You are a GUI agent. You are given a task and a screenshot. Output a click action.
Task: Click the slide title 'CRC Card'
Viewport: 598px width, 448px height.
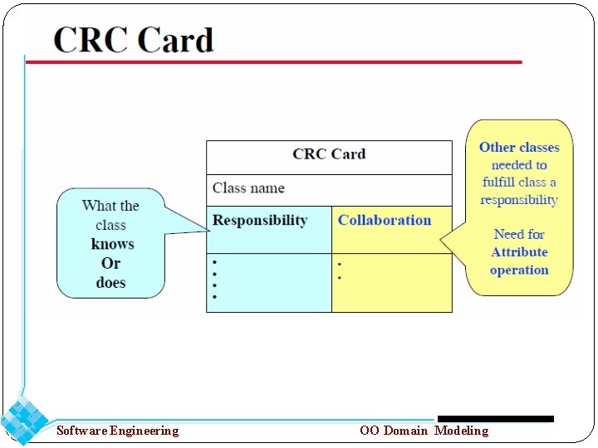[x=134, y=40]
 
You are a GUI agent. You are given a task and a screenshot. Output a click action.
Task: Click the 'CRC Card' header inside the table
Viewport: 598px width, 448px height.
[x=329, y=154]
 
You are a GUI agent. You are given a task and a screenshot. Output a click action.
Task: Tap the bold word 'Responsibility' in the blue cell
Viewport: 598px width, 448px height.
[x=260, y=221]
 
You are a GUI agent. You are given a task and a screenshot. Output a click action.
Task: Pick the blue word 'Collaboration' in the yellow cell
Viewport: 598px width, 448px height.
[x=385, y=221]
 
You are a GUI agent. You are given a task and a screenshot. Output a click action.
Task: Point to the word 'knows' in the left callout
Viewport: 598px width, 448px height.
[x=112, y=244]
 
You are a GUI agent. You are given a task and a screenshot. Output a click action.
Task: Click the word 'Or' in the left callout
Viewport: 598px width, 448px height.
[x=111, y=263]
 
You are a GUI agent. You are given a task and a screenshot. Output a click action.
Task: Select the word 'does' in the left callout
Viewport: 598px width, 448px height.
[x=110, y=283]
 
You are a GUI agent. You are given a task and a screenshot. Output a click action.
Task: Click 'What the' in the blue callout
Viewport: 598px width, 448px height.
[x=110, y=206]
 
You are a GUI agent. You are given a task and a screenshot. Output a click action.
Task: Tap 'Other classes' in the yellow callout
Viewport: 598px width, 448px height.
[x=519, y=147]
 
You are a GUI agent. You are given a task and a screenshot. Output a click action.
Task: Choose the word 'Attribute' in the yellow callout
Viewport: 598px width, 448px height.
[x=519, y=252]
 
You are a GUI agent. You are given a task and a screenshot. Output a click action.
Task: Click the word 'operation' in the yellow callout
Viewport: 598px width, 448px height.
[x=519, y=270]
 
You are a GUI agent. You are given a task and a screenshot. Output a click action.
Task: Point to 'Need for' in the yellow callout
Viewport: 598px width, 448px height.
[x=519, y=234]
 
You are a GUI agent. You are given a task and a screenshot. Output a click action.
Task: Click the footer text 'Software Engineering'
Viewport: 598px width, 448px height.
[x=117, y=430]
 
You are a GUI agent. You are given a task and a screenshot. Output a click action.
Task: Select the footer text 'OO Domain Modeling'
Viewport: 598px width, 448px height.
[x=424, y=430]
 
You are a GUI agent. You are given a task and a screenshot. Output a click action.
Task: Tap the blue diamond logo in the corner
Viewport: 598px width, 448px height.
[x=24, y=421]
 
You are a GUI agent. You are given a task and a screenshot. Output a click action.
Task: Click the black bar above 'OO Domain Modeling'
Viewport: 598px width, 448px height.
[x=495, y=419]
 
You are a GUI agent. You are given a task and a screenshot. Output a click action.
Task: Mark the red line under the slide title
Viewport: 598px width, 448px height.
[x=274, y=61]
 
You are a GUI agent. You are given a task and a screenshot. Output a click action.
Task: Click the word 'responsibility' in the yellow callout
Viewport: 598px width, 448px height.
[x=519, y=200]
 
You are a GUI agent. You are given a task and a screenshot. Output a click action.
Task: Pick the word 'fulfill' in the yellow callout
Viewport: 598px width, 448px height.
[x=499, y=183]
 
